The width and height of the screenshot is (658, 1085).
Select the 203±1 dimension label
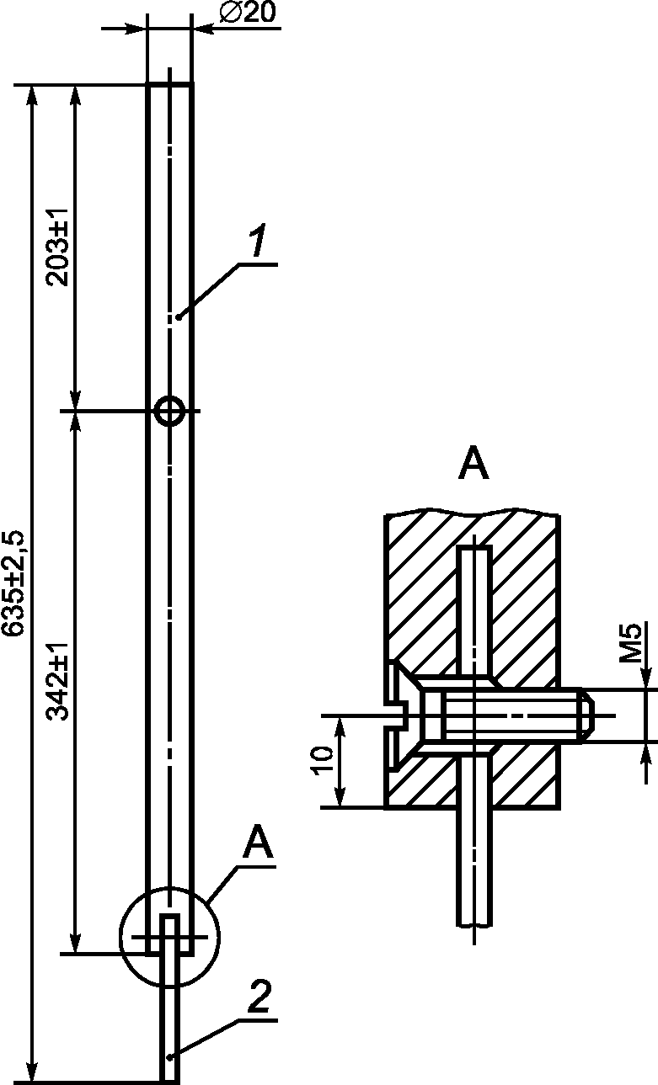[x=56, y=247]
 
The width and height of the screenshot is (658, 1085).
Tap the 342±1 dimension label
[x=56, y=682]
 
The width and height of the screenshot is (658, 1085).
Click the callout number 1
[x=257, y=240]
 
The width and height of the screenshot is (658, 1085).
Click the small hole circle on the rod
[x=169, y=412]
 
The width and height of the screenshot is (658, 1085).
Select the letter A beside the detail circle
[x=258, y=842]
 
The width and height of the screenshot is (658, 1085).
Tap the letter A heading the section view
[x=473, y=463]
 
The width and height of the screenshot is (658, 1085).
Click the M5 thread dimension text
[x=631, y=643]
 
